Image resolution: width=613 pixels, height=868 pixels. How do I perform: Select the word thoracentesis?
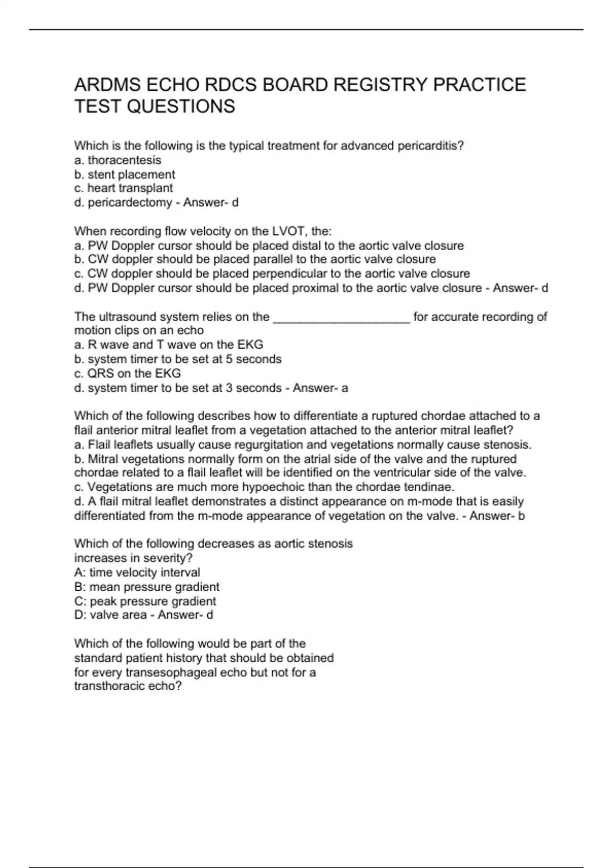(124, 160)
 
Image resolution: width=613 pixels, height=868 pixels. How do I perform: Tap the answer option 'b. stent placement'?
(125, 175)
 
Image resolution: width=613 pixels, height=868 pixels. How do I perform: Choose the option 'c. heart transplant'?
(124, 188)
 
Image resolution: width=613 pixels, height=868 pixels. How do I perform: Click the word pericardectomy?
(130, 203)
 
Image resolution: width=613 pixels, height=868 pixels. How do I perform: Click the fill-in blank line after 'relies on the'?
(342, 318)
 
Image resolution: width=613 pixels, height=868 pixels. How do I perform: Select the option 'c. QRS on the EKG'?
(128, 374)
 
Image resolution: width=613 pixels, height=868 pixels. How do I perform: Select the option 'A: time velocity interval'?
(137, 573)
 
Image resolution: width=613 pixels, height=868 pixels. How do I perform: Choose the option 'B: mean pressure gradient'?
(147, 587)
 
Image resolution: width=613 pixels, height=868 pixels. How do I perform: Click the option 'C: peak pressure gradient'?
(145, 601)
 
